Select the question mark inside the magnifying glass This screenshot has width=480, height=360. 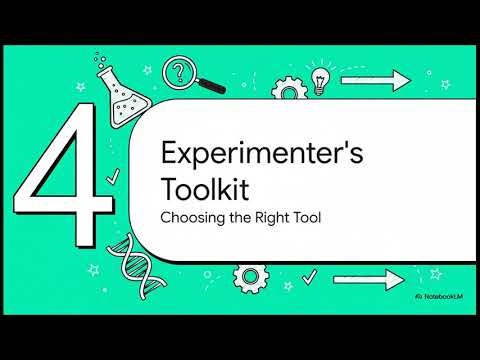(x=180, y=71)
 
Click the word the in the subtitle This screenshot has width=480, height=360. (x=234, y=214)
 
